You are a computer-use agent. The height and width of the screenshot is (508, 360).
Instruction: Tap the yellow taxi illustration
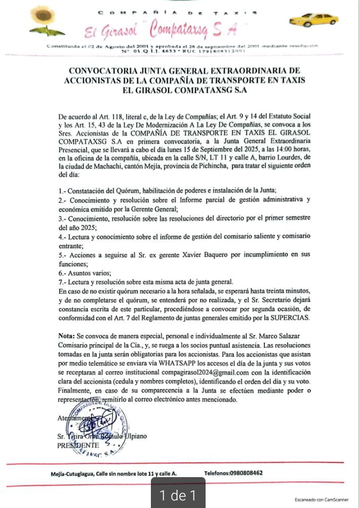(313, 20)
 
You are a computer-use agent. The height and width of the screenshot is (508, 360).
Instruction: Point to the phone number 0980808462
(243, 473)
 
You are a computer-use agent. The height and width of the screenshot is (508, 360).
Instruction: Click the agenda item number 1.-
(63, 190)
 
